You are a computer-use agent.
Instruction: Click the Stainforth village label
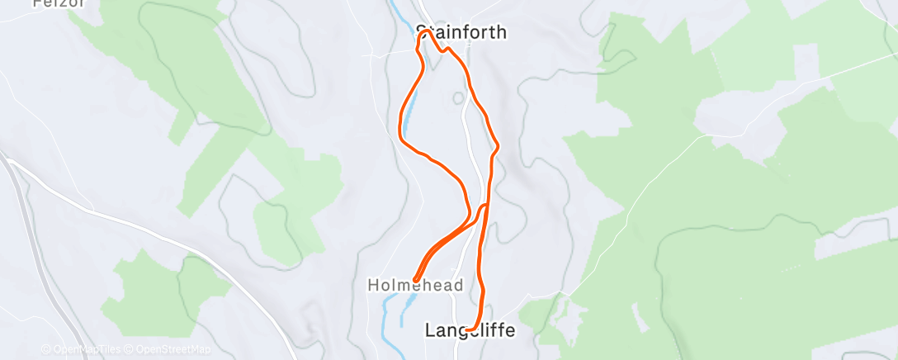click(461, 33)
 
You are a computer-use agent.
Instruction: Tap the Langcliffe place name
click(470, 330)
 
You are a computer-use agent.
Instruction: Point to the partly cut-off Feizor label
click(49, 3)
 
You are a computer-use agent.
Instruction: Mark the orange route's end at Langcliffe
click(468, 330)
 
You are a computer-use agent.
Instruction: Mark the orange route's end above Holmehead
click(415, 279)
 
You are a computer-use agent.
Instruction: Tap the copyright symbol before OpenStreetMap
click(130, 349)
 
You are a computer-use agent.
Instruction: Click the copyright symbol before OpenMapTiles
click(45, 349)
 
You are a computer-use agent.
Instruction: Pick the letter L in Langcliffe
click(430, 330)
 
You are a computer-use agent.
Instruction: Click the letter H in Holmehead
click(371, 285)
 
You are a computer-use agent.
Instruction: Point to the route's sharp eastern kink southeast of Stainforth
click(497, 149)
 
